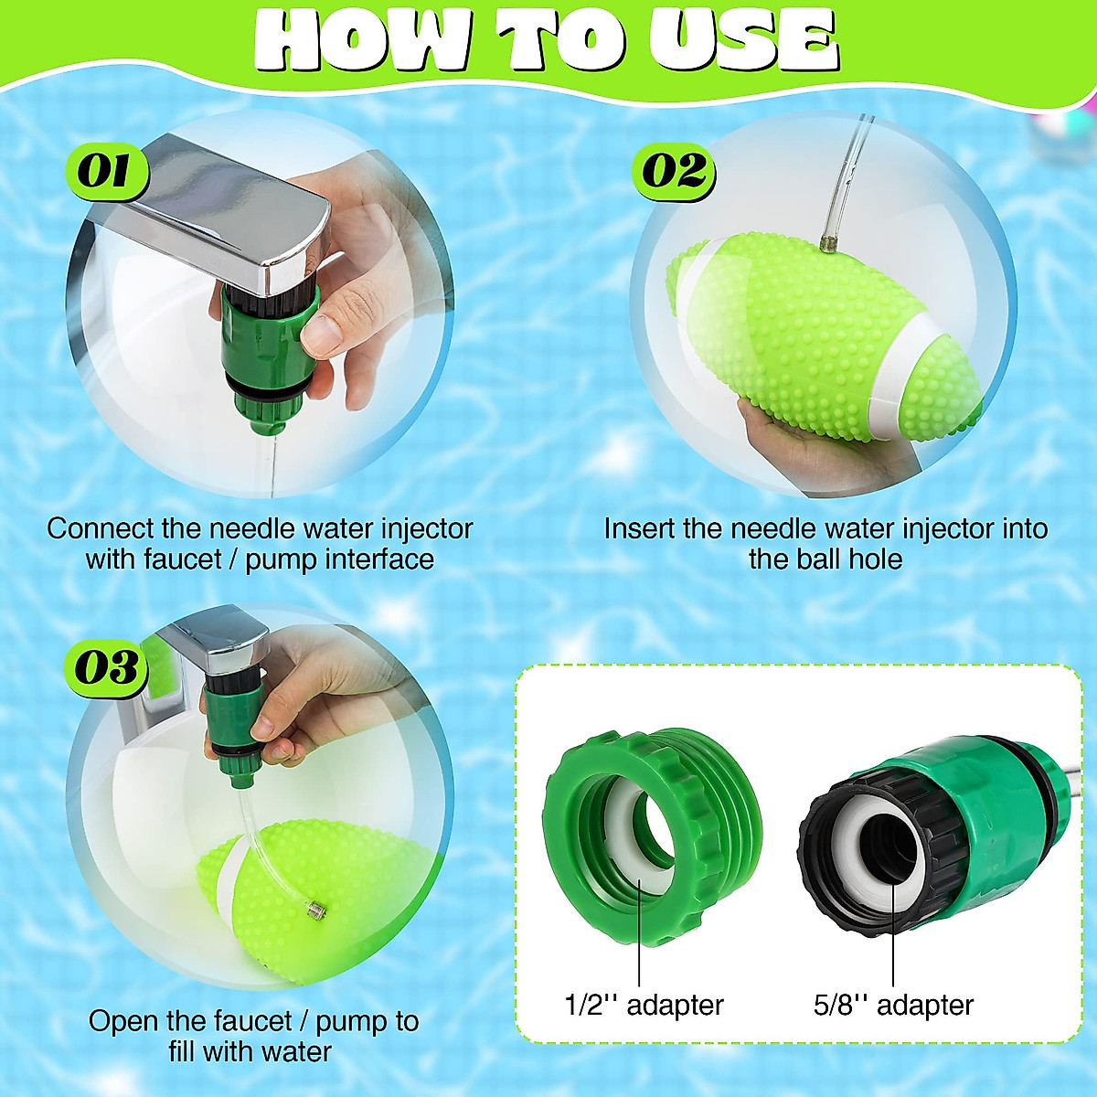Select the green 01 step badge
104,172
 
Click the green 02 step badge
674,171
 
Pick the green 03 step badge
106,668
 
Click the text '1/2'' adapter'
644,1006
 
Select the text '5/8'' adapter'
893,1006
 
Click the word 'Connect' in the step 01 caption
101,528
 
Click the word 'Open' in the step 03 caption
120,1021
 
